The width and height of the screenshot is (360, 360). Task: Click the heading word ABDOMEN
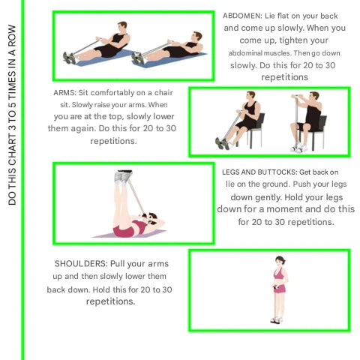[x=242, y=16]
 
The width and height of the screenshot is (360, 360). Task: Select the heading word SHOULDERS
[x=81, y=264]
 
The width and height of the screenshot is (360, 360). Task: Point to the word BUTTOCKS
[x=280, y=172]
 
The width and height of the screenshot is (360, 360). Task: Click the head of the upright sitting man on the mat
[x=122, y=27]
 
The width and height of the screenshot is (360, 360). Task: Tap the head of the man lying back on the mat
[x=196, y=37]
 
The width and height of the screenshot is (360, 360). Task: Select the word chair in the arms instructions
[x=163, y=93]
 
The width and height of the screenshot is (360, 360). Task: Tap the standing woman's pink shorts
[x=280, y=288]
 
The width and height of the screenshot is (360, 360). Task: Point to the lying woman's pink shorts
[x=124, y=231]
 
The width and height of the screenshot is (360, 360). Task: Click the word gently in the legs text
[x=268, y=198]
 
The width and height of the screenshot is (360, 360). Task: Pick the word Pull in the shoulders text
[x=118, y=264]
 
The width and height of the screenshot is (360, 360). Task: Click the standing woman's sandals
[x=276, y=320]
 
